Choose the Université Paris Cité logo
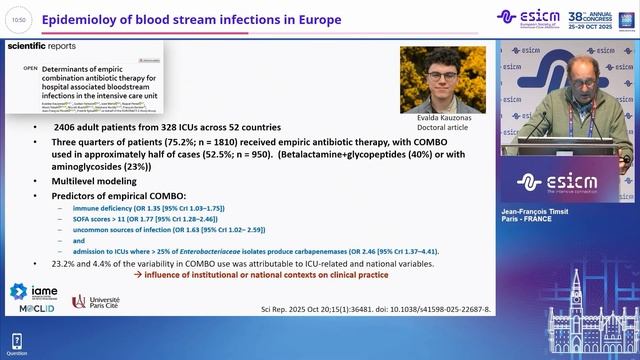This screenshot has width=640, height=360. (100, 302)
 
